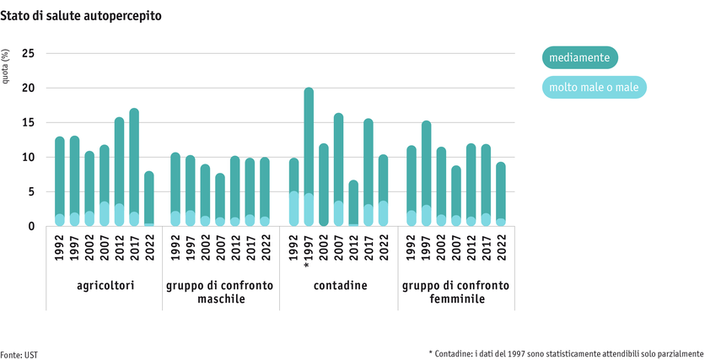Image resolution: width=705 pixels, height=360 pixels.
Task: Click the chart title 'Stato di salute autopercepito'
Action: [82, 16]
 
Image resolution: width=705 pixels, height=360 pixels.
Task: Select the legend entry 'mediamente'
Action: [579, 57]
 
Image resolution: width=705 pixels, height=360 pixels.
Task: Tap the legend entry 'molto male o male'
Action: [593, 87]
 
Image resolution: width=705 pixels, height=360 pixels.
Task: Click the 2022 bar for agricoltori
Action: [149, 199]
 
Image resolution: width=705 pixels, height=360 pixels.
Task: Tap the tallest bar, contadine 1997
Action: [309, 157]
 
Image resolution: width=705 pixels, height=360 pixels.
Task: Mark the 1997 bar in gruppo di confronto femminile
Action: [427, 174]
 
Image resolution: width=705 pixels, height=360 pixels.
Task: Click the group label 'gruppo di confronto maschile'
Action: [220, 293]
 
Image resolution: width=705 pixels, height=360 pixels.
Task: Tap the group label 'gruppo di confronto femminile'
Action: [455, 293]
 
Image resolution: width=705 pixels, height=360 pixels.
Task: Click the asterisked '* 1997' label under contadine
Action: [309, 250]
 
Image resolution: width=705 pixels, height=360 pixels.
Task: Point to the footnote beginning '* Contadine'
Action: [565, 353]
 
